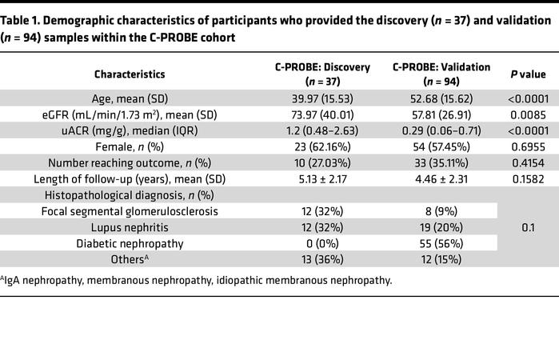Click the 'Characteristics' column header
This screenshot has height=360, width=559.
(x=130, y=74)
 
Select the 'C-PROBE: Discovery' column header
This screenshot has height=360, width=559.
(x=322, y=74)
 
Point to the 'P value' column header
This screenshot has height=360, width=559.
(x=528, y=74)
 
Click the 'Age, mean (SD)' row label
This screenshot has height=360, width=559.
(x=130, y=99)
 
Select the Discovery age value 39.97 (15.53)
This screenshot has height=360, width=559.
(x=322, y=99)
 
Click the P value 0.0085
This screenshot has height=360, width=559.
(x=528, y=115)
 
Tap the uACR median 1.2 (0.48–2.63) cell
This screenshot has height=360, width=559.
(x=322, y=131)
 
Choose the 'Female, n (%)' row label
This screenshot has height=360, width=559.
(x=130, y=147)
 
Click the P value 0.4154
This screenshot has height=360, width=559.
(x=528, y=163)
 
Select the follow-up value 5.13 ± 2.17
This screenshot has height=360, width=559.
(x=322, y=179)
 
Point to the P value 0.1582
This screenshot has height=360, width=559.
(x=528, y=179)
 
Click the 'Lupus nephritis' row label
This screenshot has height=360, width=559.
(x=130, y=227)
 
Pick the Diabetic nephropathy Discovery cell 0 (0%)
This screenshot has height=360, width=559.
(x=322, y=243)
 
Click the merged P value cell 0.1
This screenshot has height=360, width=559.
(x=528, y=228)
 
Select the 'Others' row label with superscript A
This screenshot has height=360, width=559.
(x=130, y=259)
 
